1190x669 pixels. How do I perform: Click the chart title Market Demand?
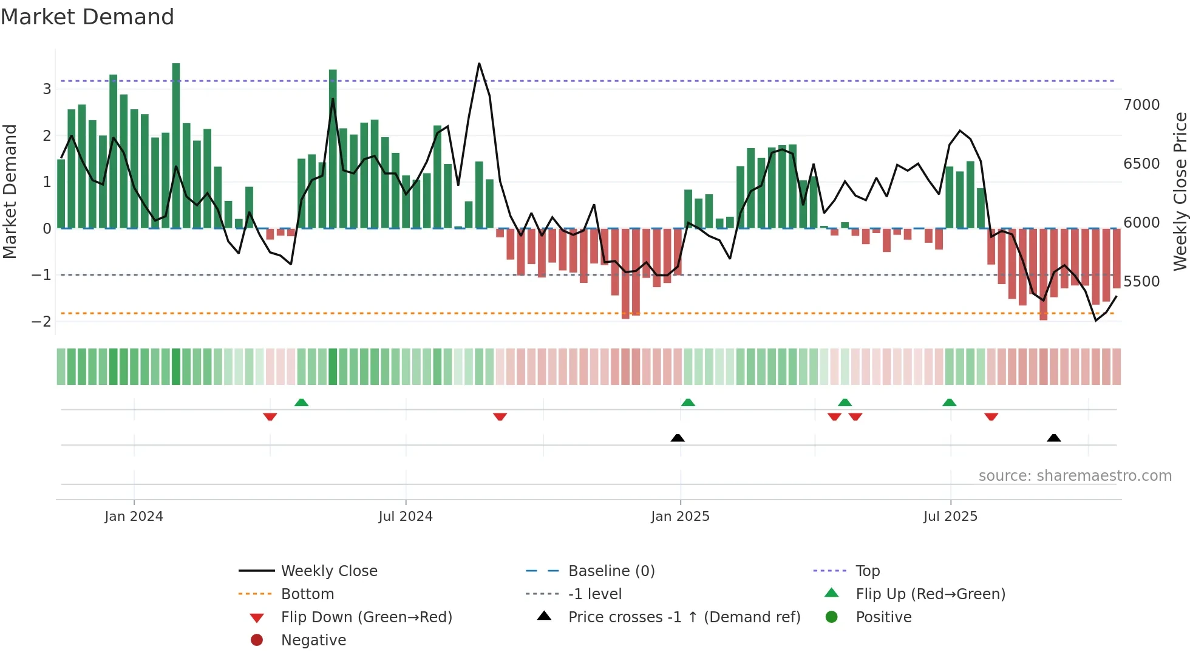(x=87, y=17)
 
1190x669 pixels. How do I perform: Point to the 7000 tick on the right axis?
(x=1141, y=105)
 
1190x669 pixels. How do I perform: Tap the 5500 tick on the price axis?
(x=1141, y=282)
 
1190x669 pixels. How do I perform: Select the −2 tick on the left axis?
(x=41, y=322)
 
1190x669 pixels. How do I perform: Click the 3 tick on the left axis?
(x=47, y=89)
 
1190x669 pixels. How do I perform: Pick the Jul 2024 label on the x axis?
(x=405, y=517)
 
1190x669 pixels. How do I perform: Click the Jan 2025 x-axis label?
(x=680, y=517)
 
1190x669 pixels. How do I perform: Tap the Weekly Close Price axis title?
(x=1180, y=191)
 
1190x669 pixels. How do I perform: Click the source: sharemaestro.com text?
(x=1075, y=476)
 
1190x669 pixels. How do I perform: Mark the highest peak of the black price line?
(x=479, y=63)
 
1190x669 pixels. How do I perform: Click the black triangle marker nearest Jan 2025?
(x=678, y=438)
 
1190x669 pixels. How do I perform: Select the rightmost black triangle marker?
(x=1054, y=438)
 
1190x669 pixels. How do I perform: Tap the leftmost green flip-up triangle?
(x=301, y=402)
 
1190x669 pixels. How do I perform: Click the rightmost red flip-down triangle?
(x=991, y=416)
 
